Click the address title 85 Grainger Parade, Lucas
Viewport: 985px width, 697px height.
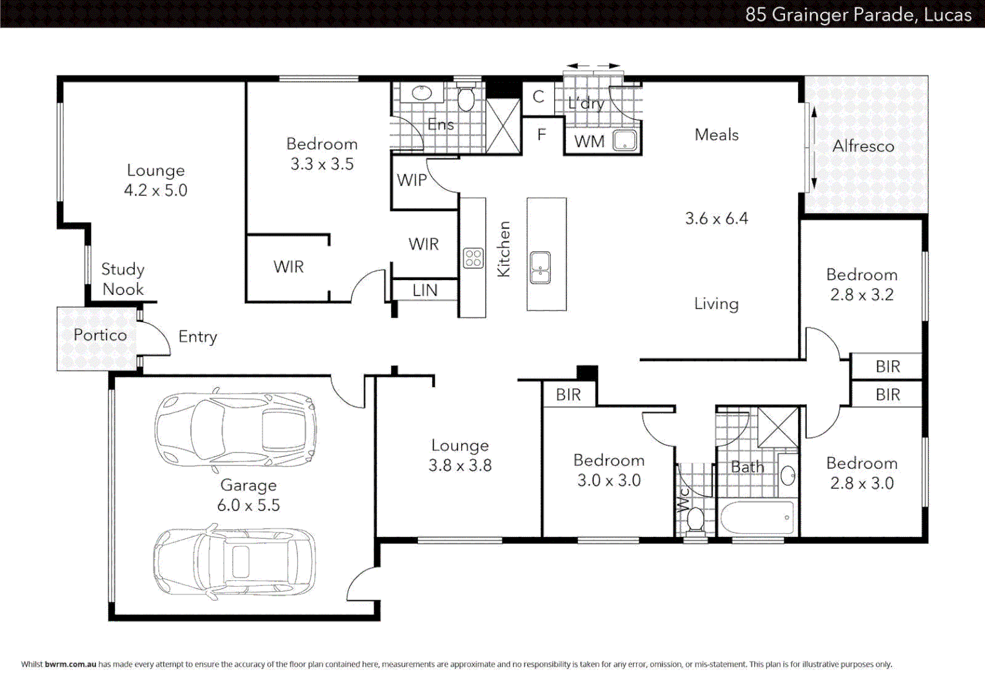coord(858,14)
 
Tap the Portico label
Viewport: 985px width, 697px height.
coord(100,335)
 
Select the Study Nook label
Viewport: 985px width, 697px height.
coord(123,279)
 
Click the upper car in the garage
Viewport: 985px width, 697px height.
coord(235,429)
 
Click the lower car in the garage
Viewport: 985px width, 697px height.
coord(235,561)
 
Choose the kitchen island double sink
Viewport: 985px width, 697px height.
coord(541,268)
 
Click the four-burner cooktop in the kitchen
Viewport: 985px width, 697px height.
coord(473,258)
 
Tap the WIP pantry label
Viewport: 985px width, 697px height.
coord(412,180)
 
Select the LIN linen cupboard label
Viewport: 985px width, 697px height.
coord(425,290)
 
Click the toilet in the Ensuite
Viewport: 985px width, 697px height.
coord(466,99)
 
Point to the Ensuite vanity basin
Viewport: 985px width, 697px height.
coord(422,93)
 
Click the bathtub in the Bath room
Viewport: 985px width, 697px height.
coord(757,518)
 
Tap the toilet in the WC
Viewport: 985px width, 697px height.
coord(695,519)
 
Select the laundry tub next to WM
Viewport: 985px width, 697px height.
coord(624,141)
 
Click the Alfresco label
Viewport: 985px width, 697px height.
coord(863,146)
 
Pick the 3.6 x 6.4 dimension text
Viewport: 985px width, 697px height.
coord(716,219)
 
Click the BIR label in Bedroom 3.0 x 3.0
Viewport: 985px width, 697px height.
coord(568,394)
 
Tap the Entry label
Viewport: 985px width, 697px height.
coord(197,337)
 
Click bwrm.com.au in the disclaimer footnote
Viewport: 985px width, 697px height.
coord(70,664)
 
